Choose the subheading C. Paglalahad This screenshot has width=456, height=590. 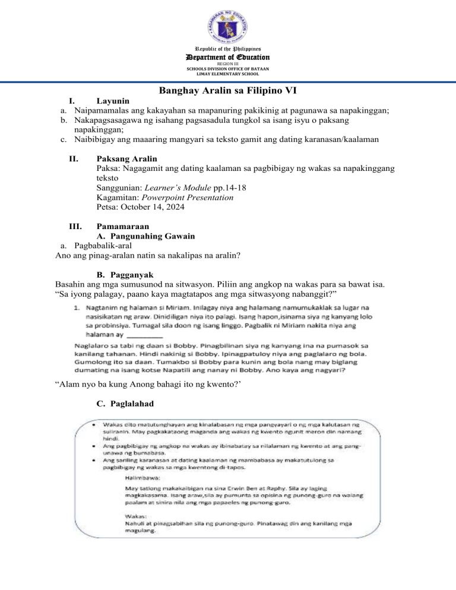(125, 403)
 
